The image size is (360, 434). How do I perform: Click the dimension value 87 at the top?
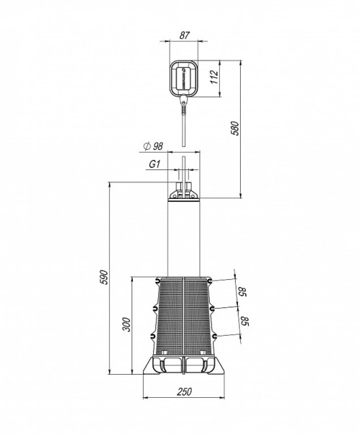click(184, 35)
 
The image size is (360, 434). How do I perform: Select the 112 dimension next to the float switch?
click(215, 77)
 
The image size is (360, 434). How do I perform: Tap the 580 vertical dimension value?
click(235, 128)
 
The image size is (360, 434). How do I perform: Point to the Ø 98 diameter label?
click(153, 146)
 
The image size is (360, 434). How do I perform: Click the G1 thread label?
click(155, 164)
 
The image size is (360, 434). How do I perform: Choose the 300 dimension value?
click(127, 324)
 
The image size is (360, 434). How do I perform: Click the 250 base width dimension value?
click(184, 391)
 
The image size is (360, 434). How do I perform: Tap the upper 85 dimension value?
click(242, 292)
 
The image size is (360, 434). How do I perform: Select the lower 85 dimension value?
click(245, 321)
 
